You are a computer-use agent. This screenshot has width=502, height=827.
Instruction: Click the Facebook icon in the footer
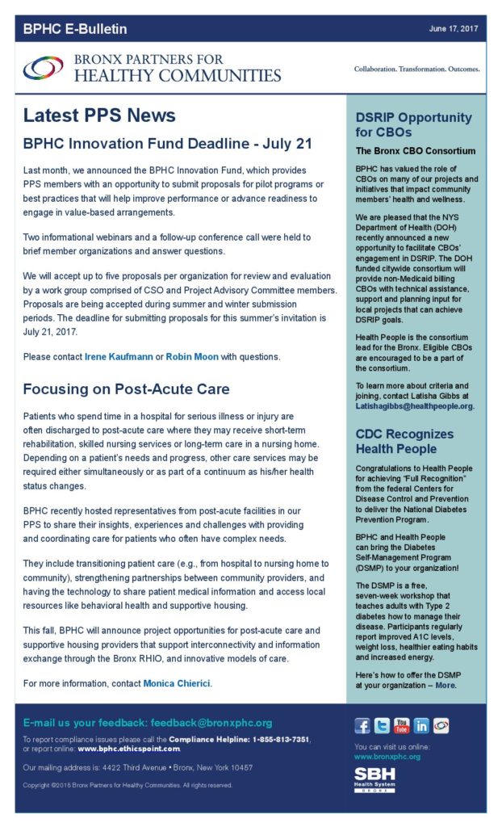(362, 725)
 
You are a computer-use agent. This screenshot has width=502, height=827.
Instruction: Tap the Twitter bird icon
(382, 725)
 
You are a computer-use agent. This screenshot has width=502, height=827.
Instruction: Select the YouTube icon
(401, 725)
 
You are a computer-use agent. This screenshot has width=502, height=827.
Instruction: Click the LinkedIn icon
(420, 725)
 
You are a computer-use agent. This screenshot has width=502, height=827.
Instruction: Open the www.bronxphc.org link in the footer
(387, 757)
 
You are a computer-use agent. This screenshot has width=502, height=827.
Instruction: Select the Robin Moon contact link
(192, 355)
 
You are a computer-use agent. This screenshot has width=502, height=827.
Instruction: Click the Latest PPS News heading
(99, 115)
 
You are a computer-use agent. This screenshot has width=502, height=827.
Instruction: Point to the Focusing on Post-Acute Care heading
(126, 389)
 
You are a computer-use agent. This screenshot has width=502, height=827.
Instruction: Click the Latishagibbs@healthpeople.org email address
(415, 406)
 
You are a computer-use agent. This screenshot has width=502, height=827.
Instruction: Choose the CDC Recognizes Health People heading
(404, 441)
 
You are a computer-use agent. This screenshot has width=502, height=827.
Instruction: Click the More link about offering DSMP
(446, 685)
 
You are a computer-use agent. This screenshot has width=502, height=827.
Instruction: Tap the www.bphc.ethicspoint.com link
(129, 749)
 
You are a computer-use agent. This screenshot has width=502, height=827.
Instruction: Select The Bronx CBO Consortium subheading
(416, 151)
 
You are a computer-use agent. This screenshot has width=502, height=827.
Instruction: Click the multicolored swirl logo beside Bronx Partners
(44, 69)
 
